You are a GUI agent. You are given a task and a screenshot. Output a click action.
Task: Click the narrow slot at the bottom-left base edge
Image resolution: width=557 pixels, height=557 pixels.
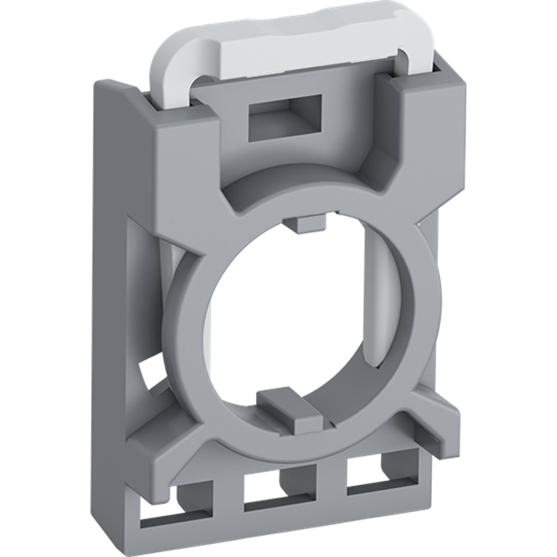[176, 529]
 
